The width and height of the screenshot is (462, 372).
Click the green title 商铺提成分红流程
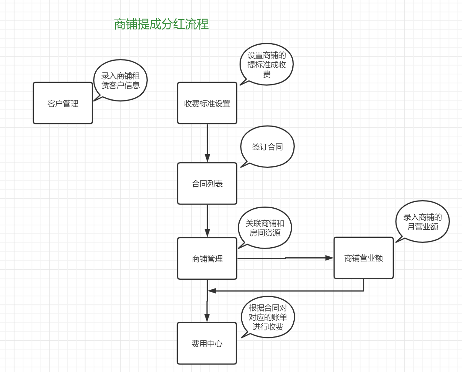[x=161, y=24]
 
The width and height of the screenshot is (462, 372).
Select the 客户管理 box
[x=63, y=103]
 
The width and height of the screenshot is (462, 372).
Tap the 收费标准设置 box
[x=207, y=103]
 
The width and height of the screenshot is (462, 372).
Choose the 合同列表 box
[x=207, y=184]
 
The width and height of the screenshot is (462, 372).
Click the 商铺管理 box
[x=207, y=259]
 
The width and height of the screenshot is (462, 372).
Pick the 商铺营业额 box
[x=364, y=258]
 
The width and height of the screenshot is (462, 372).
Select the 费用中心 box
[x=207, y=344]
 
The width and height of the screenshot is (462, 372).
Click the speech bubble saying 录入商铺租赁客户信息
[x=120, y=80]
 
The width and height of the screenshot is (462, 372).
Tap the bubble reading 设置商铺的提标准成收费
[x=267, y=64]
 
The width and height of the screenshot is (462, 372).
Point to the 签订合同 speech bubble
[x=267, y=147]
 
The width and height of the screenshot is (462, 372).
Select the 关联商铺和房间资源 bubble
[x=265, y=228]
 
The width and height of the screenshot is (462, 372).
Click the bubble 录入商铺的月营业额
[x=422, y=222]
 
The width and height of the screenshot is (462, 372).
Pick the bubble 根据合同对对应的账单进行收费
[x=268, y=317]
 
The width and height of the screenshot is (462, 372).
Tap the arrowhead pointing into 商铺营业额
[x=330, y=258]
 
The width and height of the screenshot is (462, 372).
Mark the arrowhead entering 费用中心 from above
[x=207, y=318]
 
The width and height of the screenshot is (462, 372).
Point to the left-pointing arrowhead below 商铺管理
[x=212, y=291]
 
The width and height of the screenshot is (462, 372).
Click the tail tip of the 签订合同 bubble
[x=241, y=167]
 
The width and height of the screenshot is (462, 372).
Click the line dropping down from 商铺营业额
[x=364, y=285]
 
